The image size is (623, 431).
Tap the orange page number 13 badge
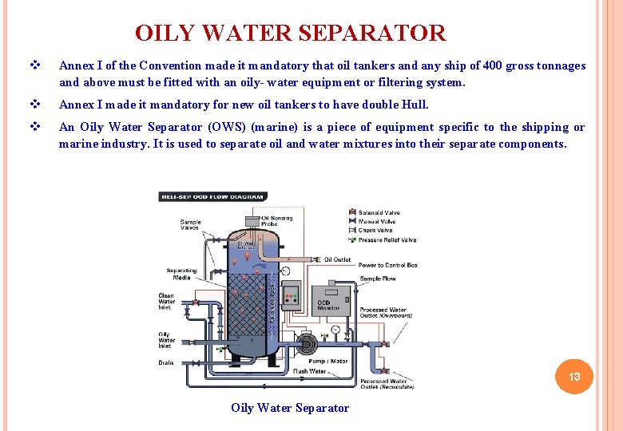click(x=573, y=377)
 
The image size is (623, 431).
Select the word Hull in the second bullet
click(x=415, y=105)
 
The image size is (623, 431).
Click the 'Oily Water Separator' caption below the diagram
click(x=290, y=408)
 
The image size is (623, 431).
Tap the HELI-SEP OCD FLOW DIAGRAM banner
click(x=212, y=196)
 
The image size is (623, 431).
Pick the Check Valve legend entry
click(x=375, y=231)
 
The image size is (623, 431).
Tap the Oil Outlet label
click(x=337, y=259)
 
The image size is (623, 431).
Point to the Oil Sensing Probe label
click(x=276, y=220)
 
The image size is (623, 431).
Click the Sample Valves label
click(x=190, y=225)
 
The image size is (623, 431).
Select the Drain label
click(x=165, y=362)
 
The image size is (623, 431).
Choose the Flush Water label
click(x=309, y=371)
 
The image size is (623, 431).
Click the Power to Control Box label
click(x=387, y=265)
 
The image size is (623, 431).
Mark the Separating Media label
click(x=181, y=274)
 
